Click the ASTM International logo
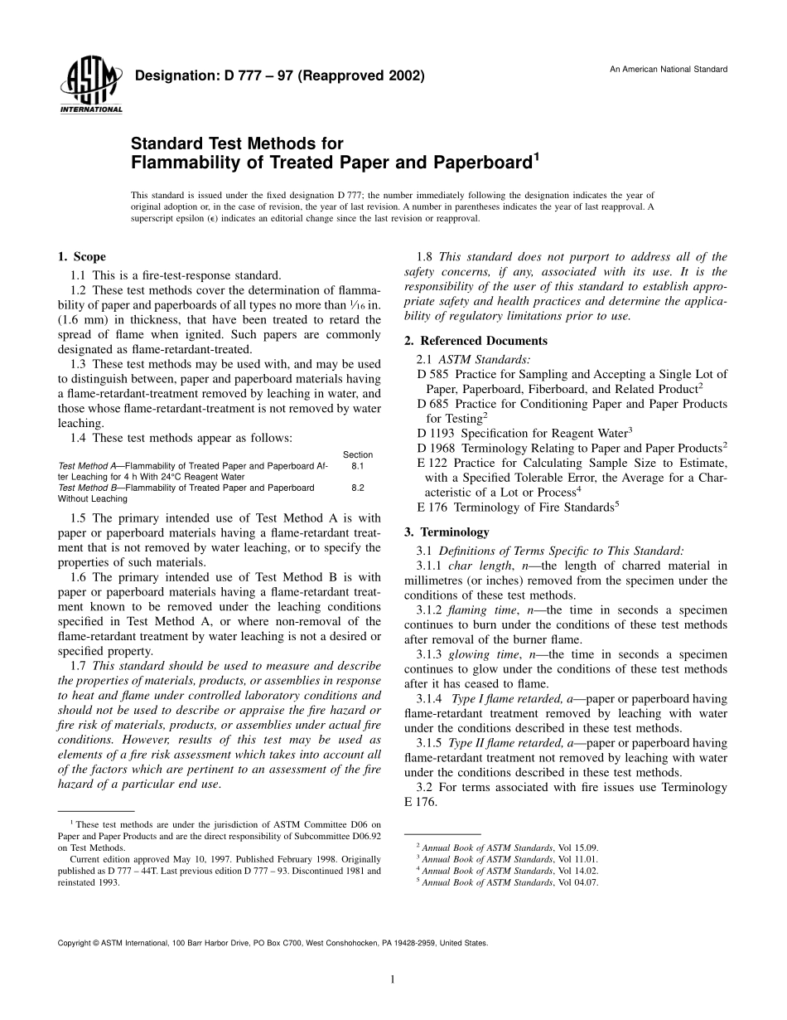point(90,87)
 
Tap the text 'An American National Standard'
point(669,69)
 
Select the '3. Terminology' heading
point(447,532)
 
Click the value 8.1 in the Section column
point(358,467)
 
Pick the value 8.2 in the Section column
point(358,488)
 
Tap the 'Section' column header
point(358,454)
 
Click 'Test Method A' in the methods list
point(85,467)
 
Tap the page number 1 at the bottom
point(392,979)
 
